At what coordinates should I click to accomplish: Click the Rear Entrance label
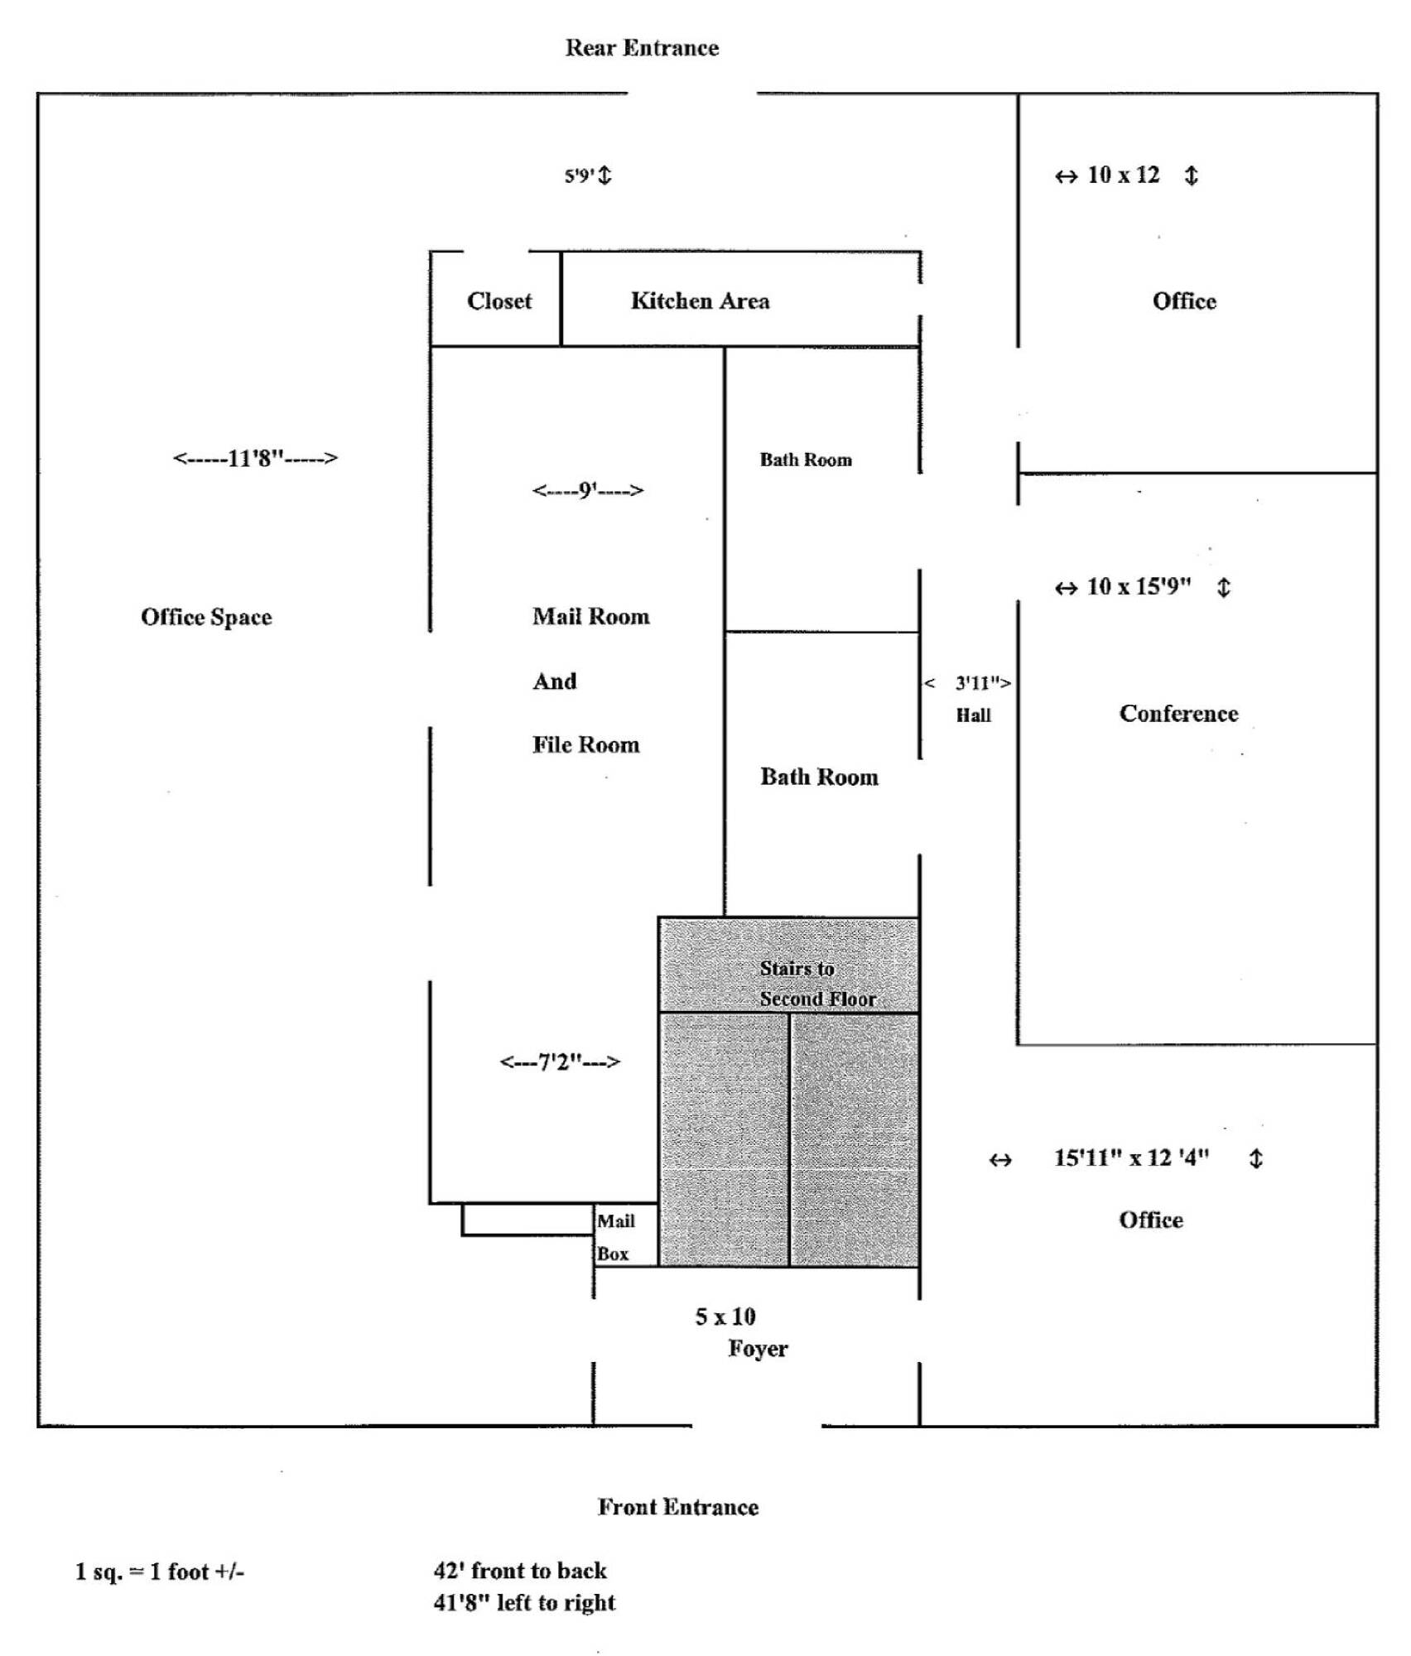[642, 48]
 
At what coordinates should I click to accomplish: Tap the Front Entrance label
[677, 1506]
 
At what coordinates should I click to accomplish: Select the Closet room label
[498, 301]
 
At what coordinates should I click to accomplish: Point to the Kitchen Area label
[700, 301]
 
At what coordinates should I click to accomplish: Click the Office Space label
[206, 617]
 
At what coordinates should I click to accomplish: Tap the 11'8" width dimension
[255, 458]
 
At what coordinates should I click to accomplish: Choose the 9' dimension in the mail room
[587, 490]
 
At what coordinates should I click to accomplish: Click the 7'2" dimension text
[560, 1061]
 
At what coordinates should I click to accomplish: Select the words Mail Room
[590, 616]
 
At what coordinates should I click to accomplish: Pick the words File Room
[585, 744]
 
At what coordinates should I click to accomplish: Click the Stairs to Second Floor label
[816, 984]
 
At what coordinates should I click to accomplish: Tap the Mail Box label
[615, 1237]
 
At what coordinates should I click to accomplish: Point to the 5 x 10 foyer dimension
[725, 1317]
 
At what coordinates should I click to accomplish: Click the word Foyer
[758, 1349]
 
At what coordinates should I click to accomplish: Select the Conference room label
[1178, 714]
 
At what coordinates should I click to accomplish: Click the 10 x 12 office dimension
[1123, 175]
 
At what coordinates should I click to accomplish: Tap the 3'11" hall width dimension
[982, 683]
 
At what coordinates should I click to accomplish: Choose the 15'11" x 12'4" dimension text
[1131, 1158]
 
